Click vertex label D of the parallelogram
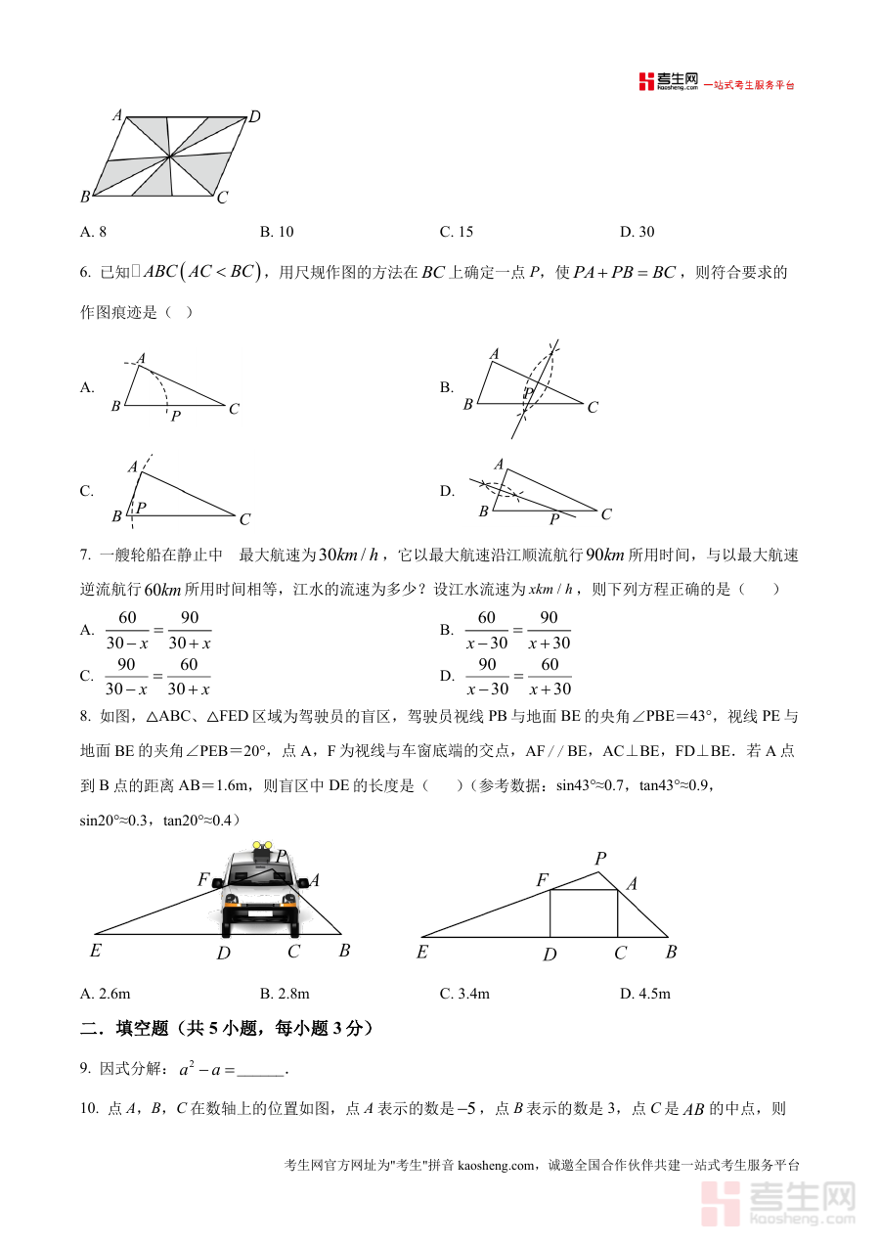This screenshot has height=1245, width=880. tap(254, 117)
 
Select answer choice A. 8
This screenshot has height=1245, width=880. tap(93, 232)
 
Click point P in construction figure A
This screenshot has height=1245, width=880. tap(175, 417)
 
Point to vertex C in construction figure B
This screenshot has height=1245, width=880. tap(593, 408)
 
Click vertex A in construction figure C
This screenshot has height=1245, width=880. tap(133, 467)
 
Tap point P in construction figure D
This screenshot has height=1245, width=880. tap(553, 519)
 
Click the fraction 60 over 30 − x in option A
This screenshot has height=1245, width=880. tap(127, 630)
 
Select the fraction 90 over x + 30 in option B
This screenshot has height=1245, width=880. tap(549, 630)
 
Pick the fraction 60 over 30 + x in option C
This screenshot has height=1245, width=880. tap(189, 676)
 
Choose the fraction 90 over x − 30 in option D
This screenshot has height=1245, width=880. tap(487, 676)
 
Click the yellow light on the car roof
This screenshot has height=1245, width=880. tap(260, 845)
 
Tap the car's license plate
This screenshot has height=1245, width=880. tap(259, 913)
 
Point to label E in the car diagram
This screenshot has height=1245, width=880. tap(95, 950)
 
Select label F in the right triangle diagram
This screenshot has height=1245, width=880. tap(542, 880)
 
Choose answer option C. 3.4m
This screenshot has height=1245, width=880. tap(464, 994)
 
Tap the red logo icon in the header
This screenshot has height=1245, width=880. tap(645, 82)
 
